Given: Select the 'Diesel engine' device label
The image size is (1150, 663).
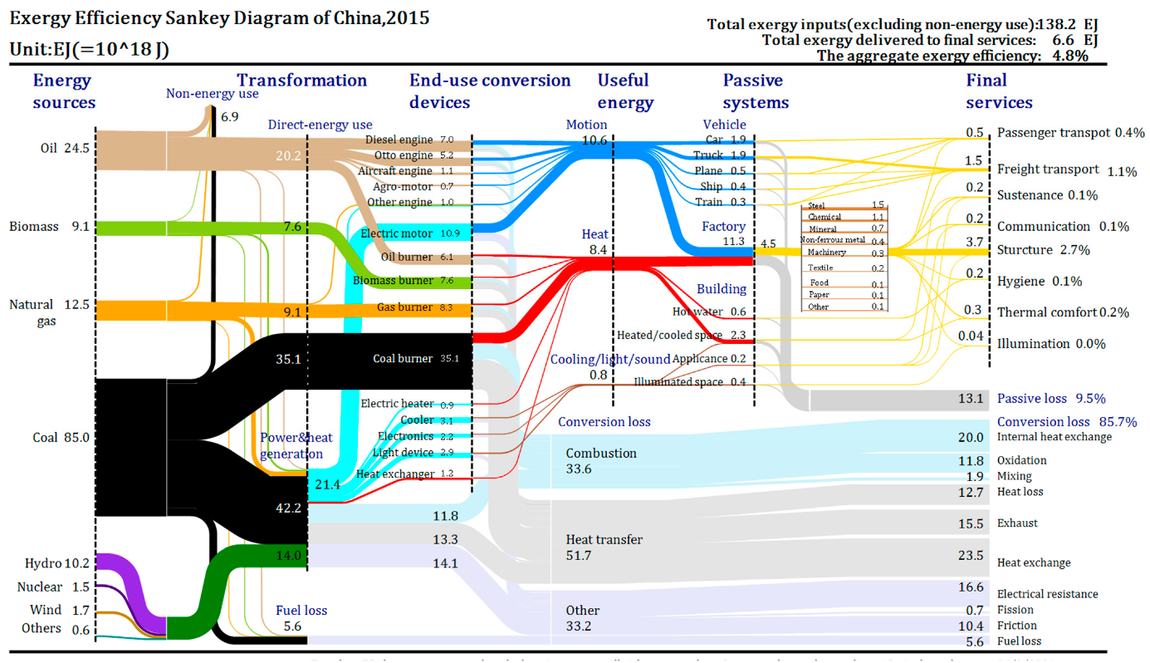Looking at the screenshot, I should point(399,140).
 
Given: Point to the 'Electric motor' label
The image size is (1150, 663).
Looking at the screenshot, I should point(397,233).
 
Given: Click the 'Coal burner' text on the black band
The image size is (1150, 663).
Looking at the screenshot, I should point(403,359).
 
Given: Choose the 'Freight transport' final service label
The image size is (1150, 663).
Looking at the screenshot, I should point(1047,169).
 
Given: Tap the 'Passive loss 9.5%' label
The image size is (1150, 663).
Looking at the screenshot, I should point(1051,399).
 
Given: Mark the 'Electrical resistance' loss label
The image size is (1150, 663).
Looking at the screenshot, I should point(1047,594).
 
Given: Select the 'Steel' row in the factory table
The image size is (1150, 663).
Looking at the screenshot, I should point(816,205).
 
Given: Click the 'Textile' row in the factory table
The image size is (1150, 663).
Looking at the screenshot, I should point(820,268).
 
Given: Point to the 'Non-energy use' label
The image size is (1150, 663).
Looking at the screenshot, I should point(212,94).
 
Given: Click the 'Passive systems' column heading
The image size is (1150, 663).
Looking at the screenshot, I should point(754,91).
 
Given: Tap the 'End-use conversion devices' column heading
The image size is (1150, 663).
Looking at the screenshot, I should point(489,91).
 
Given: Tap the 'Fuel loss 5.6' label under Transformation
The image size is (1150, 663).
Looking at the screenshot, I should point(301,618).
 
